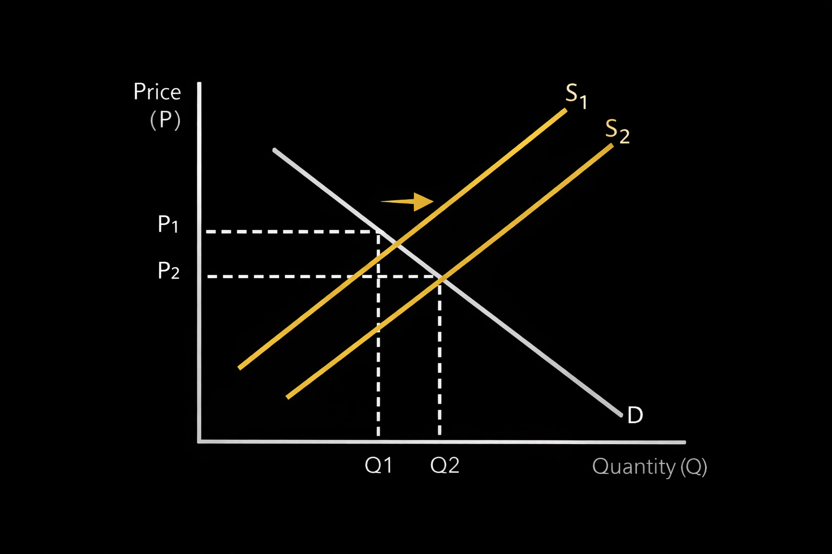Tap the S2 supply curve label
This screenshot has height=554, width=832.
coord(617,131)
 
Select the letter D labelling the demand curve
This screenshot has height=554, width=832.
coord(635,415)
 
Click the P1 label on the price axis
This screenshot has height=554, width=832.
coord(168,224)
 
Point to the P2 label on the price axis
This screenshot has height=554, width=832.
coord(168,271)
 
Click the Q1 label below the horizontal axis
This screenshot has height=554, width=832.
coord(378,465)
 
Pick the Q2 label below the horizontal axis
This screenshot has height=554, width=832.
coord(445,465)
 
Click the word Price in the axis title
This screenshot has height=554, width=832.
coord(157,92)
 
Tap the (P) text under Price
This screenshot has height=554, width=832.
coord(165,120)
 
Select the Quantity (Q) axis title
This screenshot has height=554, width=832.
coord(649,466)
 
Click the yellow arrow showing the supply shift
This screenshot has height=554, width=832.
coord(407,202)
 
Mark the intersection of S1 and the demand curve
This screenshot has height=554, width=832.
coord(397,244)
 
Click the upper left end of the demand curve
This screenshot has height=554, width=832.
coord(275,149)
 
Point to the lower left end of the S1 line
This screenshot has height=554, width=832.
coord(240,368)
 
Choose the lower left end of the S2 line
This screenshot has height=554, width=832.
coord(288,398)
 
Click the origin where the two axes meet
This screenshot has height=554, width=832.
coord(200,441)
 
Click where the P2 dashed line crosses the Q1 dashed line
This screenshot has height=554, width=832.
coord(378,276)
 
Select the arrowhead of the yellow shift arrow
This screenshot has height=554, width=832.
coord(424,202)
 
